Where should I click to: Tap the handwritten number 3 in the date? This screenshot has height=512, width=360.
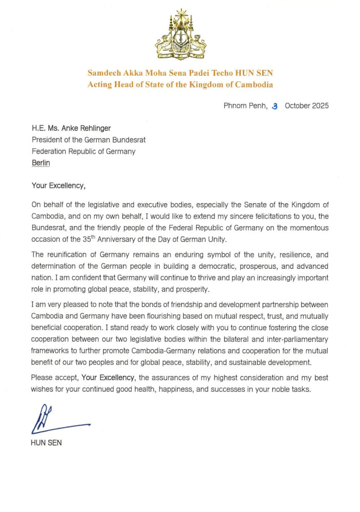(275, 106)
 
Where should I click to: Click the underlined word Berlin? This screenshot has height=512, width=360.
(41, 163)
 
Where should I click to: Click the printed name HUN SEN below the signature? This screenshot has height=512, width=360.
(47, 443)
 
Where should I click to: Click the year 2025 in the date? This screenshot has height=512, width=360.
(319, 106)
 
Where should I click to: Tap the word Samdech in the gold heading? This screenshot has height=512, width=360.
(107, 73)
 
